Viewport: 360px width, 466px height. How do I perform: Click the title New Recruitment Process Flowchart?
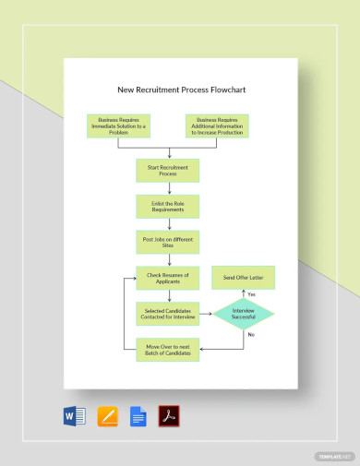click(181, 90)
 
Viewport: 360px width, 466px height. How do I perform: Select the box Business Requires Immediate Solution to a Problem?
click(122, 126)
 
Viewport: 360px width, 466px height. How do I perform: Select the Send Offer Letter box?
click(243, 277)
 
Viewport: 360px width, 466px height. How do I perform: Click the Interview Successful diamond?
click(243, 314)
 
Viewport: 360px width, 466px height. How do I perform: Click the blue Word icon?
click(75, 416)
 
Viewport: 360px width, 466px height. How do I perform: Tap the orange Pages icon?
click(107, 416)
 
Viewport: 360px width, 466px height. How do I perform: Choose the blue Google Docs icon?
click(138, 416)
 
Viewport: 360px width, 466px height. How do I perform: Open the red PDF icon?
click(168, 416)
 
